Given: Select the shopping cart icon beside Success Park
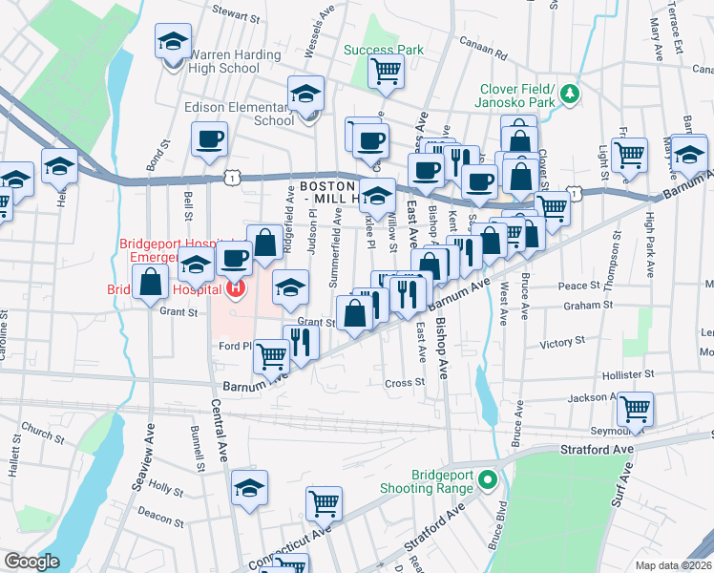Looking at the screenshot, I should point(386,71).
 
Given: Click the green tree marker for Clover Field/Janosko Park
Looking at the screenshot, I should point(570,93).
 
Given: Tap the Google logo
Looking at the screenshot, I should point(31,562).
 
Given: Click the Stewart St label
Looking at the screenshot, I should point(236,17).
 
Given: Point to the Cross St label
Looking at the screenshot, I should point(404,382).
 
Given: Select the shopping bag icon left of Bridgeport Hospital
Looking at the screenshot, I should point(151,282).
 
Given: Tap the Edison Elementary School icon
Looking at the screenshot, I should point(306,95).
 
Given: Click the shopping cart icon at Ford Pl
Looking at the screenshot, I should point(271,357).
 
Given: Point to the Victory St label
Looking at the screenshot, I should point(562,341).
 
